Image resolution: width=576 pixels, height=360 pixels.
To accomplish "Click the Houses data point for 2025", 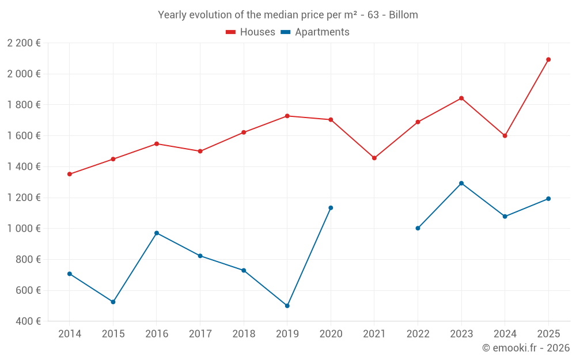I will click(548, 59).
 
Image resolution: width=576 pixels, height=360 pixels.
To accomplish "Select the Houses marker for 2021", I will click(374, 158).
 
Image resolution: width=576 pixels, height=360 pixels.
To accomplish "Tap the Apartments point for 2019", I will click(287, 306).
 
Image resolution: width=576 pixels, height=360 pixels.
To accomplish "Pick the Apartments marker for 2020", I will click(331, 208).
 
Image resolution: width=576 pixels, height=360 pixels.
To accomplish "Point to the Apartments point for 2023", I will click(461, 183).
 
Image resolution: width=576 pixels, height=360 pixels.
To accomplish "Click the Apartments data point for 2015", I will click(113, 302).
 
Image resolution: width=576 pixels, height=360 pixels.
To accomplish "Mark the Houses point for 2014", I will click(70, 174).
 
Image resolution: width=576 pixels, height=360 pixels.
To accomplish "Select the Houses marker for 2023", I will click(461, 98).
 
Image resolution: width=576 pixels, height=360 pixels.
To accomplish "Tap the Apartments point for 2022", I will click(418, 228).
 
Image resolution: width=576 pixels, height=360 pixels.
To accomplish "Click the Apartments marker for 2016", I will click(157, 233).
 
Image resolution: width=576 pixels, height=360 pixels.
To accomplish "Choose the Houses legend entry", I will click(251, 32).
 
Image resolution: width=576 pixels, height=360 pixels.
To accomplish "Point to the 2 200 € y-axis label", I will click(24, 43).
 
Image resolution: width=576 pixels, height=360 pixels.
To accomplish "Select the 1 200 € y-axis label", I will click(24, 198).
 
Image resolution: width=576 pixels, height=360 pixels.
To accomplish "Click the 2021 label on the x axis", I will click(374, 334).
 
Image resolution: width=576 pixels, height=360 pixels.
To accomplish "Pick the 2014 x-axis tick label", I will click(70, 334).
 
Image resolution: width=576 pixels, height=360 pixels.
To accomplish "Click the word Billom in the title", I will click(403, 15).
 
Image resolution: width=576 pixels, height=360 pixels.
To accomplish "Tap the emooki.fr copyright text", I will click(525, 348).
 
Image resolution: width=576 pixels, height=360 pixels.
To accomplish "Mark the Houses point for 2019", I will click(287, 116).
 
